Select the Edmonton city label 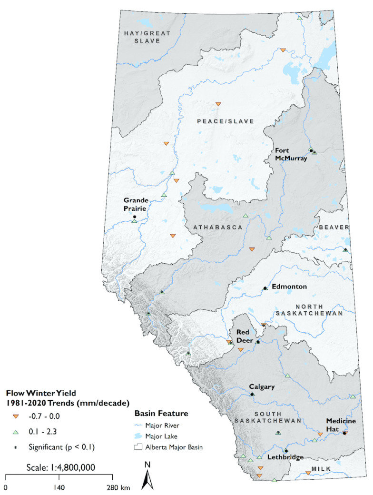click(289, 287)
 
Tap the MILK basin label click(317, 470)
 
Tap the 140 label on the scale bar click(59, 488)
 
